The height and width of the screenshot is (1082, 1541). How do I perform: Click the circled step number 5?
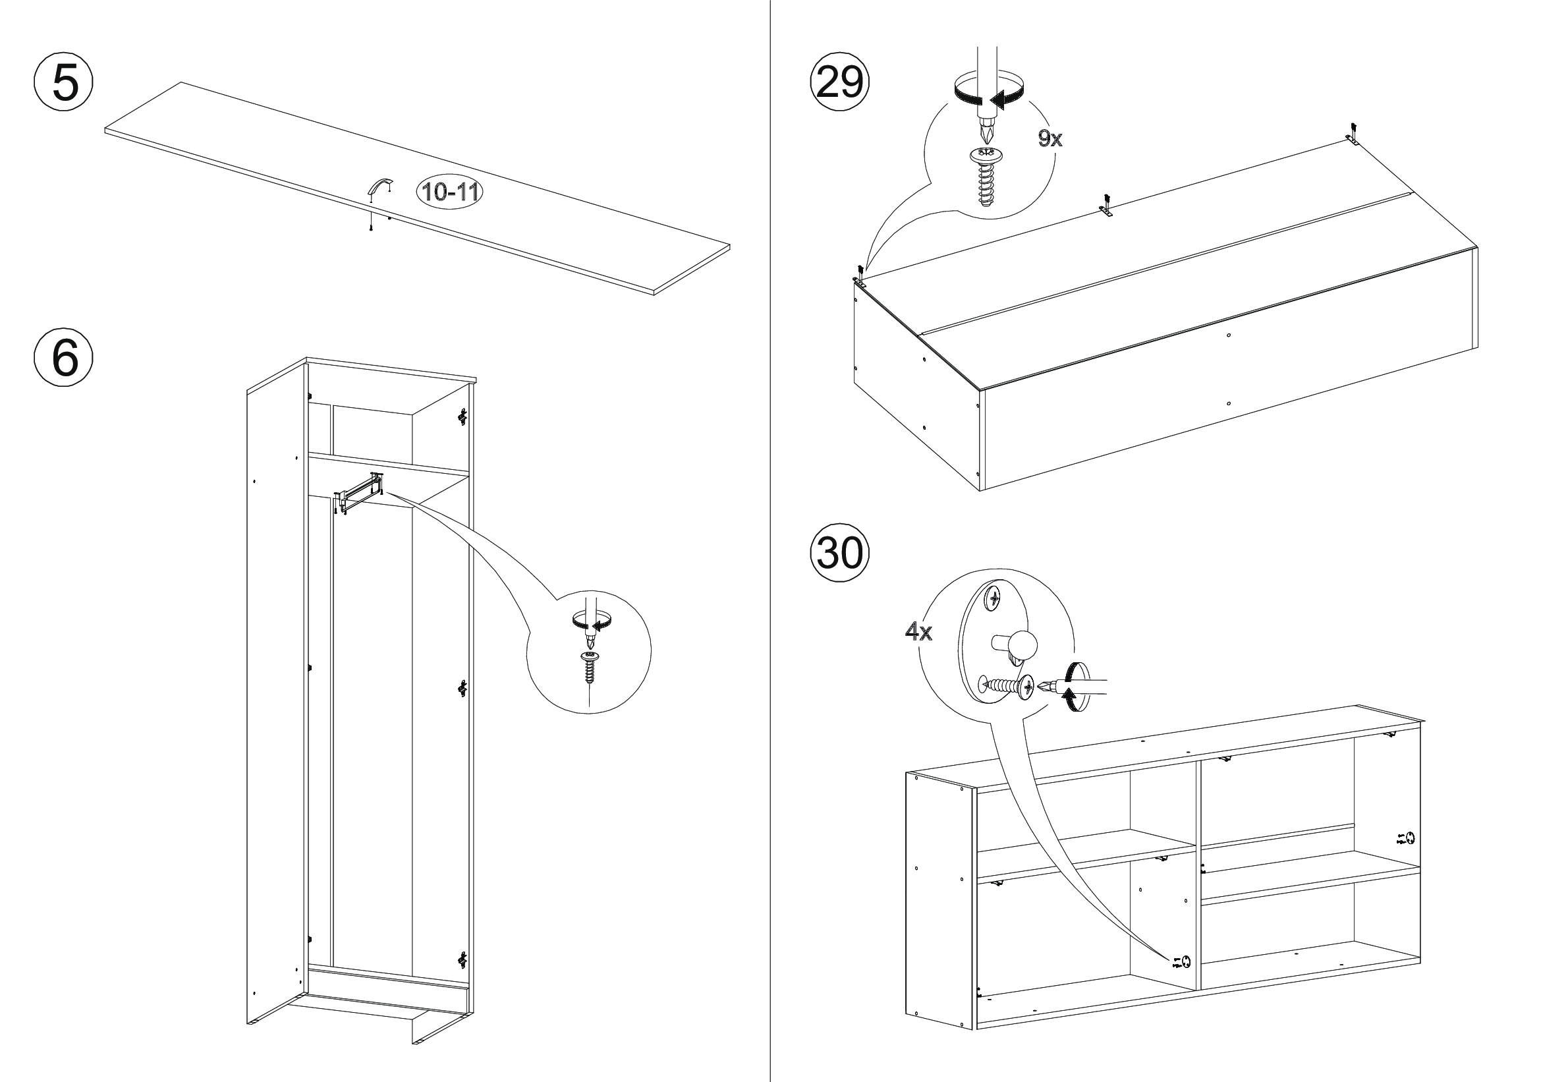64,83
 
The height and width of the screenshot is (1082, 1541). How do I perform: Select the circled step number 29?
839,83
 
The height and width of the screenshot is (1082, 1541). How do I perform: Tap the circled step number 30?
839,554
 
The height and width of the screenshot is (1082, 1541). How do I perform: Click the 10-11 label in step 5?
451,192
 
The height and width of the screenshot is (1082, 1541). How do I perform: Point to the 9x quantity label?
1050,139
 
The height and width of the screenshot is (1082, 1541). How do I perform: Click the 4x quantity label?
918,632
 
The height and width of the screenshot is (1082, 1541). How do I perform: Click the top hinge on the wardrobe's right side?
462,417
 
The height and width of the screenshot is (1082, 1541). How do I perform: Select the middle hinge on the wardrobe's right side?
462,689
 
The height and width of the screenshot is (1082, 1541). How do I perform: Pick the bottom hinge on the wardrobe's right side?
462,960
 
